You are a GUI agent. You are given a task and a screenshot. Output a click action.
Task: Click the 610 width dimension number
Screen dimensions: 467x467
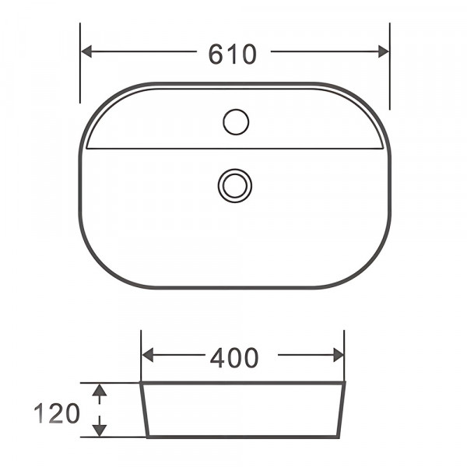232,54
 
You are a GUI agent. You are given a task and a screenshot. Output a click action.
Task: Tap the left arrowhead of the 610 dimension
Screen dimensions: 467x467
88,51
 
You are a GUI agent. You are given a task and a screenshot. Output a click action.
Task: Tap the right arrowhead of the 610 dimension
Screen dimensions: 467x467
382,51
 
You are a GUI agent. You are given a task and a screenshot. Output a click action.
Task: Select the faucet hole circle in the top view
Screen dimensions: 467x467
235,121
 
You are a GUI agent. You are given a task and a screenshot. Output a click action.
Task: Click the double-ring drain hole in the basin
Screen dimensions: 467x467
234,185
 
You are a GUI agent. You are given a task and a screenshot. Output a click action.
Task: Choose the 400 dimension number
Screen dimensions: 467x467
233,357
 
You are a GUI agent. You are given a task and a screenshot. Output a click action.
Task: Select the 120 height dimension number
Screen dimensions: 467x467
57,413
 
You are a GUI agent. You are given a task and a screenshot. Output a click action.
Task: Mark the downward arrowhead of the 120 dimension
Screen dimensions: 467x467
99,429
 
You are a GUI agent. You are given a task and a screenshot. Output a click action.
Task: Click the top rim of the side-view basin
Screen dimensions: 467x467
242,383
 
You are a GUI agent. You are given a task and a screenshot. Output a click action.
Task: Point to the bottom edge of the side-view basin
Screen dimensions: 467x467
242,436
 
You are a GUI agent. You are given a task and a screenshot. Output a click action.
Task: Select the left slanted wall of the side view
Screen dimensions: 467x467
144,410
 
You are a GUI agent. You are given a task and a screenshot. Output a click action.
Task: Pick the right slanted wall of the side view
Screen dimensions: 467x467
341,410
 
